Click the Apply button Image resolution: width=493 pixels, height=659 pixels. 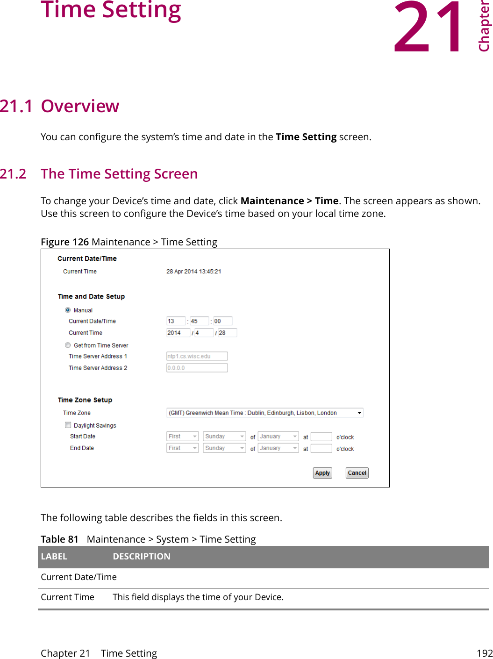(322, 473)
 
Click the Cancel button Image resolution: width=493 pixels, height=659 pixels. (357, 473)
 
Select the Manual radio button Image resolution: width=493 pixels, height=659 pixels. (68, 310)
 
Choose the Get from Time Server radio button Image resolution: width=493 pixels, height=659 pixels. (68, 345)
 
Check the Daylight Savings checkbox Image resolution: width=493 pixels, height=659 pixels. (68, 425)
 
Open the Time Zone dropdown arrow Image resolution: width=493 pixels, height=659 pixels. (359, 413)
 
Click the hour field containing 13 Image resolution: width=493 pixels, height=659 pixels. (176, 321)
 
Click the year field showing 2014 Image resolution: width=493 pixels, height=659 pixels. (178, 333)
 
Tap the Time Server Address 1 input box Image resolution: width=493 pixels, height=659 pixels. (197, 356)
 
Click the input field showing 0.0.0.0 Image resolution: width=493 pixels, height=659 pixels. (197, 368)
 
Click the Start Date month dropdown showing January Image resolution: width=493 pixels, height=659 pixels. (279, 437)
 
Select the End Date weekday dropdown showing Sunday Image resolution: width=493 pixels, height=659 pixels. (224, 448)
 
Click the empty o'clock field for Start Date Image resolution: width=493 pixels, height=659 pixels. (321, 437)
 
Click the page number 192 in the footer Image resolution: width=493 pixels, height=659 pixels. (485, 653)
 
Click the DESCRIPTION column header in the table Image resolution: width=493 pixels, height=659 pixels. (142, 557)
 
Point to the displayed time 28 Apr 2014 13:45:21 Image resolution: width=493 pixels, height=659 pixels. (193, 272)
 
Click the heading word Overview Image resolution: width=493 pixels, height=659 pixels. (80, 107)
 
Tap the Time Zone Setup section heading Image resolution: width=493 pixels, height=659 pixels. (85, 400)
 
